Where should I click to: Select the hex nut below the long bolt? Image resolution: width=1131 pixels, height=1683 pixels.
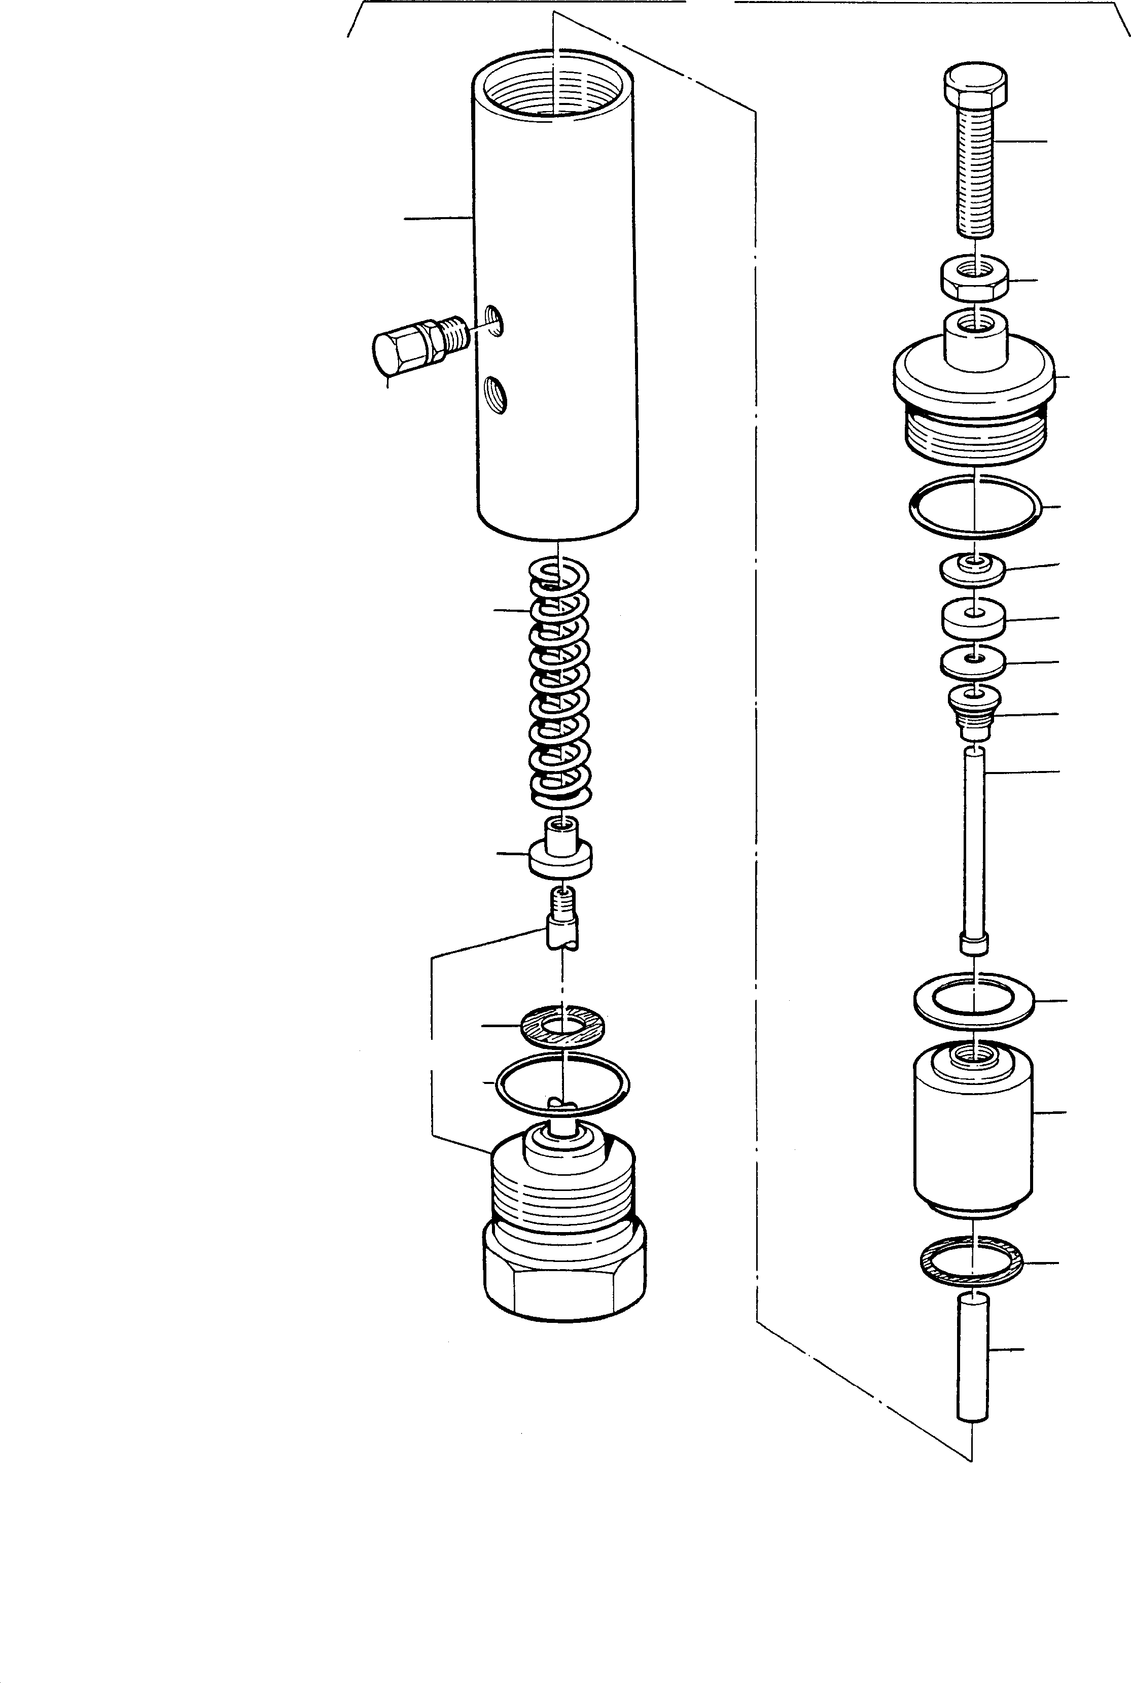tap(974, 278)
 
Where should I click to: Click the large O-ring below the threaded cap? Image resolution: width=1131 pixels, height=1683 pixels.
tap(974, 507)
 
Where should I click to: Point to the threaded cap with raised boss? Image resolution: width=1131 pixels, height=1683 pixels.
tap(974, 382)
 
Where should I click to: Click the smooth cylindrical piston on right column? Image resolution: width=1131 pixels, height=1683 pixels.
tap(972, 1133)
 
